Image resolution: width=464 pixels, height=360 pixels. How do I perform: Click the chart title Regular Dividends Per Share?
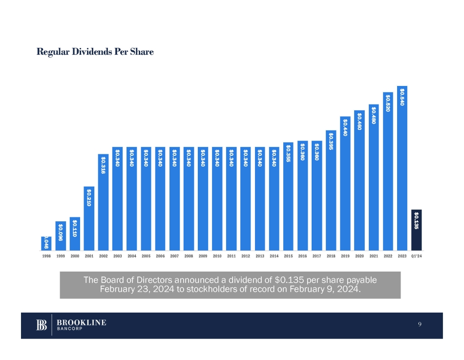[95, 52]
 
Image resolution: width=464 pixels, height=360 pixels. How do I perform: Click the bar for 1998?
[46, 243]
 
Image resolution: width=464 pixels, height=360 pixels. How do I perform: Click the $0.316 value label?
[103, 165]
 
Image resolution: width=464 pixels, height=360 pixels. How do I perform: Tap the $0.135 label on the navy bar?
[416, 220]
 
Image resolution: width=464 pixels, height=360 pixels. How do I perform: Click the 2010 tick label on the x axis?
[217, 255]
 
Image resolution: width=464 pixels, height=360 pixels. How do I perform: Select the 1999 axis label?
[61, 255]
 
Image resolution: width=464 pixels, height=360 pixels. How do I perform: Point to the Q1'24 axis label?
[416, 255]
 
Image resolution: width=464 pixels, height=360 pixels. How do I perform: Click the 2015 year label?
[288, 255]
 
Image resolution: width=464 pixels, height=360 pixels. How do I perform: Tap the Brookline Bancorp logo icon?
[42, 325]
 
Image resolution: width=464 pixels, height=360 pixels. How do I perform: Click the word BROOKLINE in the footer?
[82, 322]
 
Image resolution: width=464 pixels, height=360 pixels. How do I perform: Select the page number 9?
[420, 325]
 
